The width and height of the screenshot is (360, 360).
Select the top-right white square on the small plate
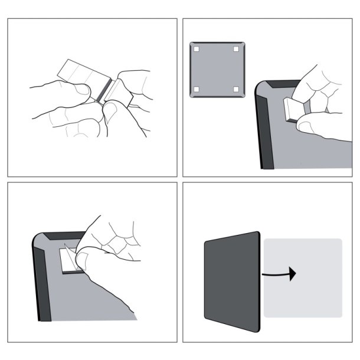235,49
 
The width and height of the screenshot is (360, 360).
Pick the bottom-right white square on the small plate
235,89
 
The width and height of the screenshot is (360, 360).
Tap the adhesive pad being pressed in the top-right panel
292,110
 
